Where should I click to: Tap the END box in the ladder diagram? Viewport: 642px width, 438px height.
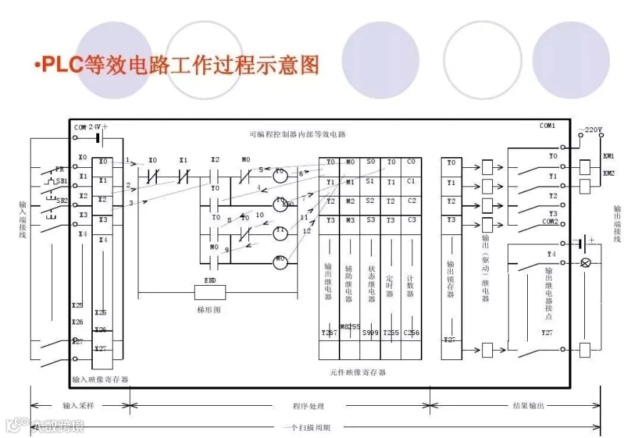click(210, 291)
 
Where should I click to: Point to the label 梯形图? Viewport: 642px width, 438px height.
click(210, 309)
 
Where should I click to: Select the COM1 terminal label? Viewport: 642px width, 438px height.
click(547, 126)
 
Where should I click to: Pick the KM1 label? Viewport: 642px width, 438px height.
click(608, 156)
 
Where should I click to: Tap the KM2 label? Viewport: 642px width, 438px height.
click(608, 173)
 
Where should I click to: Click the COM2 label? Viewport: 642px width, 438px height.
click(549, 222)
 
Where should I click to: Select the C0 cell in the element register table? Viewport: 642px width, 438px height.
click(411, 162)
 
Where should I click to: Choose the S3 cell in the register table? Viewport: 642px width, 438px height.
click(370, 220)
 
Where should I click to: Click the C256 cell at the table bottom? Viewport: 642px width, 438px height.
click(412, 332)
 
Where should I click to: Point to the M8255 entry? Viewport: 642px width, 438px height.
click(350, 327)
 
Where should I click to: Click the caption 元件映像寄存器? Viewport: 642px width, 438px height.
click(358, 372)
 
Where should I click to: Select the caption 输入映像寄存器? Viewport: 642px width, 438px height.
click(100, 379)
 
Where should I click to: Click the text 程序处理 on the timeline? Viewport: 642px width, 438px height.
click(308, 406)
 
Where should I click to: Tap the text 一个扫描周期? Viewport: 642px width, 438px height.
click(307, 427)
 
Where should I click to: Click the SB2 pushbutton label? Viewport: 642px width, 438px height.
click(62, 201)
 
